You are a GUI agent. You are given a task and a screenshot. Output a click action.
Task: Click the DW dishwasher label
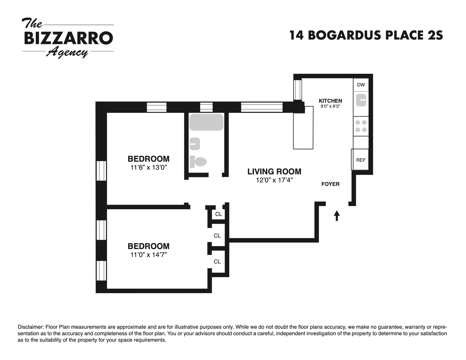tap(361, 85)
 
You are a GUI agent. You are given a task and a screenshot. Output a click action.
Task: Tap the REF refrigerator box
tap(360, 160)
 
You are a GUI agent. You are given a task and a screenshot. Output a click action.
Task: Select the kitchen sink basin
tap(361, 100)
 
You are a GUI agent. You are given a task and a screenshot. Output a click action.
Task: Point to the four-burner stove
tap(361, 126)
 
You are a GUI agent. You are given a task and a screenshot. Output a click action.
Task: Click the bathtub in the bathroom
tap(206, 122)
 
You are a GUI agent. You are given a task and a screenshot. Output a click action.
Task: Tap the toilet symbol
tap(198, 162)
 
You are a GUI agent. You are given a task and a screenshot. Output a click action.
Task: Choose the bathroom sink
tap(195, 144)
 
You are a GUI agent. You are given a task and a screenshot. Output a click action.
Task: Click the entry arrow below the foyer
tap(337, 216)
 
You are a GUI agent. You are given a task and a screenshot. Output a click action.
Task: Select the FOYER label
tap(330, 184)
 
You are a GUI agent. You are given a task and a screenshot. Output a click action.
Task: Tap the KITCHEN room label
tap(330, 101)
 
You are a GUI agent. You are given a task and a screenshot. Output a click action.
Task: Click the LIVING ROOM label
tap(274, 172)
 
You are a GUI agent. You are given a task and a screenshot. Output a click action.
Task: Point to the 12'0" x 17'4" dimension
tap(275, 180)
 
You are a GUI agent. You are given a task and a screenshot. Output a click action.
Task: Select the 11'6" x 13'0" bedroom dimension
tap(149, 167)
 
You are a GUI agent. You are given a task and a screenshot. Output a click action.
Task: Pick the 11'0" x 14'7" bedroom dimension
tap(149, 255)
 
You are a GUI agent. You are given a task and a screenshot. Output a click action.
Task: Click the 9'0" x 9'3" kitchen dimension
tap(330, 106)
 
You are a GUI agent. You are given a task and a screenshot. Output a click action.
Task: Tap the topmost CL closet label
tap(219, 214)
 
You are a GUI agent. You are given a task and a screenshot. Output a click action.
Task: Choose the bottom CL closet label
tap(217, 262)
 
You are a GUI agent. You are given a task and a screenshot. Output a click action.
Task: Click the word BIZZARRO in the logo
tap(69, 38)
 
